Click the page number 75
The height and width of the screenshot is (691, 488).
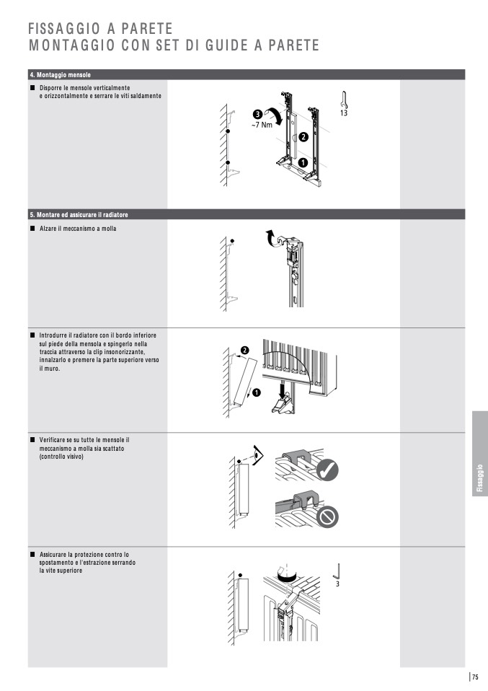click(x=475, y=677)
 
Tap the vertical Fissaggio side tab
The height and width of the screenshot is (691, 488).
click(x=479, y=454)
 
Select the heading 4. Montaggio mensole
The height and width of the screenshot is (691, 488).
click(x=61, y=75)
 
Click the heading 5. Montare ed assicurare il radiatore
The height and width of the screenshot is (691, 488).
click(x=79, y=215)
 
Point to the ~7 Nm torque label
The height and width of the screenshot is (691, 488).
click(x=262, y=125)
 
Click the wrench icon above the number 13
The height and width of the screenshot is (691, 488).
click(x=344, y=99)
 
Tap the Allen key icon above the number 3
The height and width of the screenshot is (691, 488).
click(x=337, y=571)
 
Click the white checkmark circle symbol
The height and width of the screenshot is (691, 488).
click(x=328, y=470)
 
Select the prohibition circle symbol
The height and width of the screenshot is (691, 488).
click(x=328, y=516)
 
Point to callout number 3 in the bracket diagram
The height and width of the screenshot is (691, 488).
click(x=257, y=115)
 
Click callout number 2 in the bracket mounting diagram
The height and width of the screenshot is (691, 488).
click(x=303, y=137)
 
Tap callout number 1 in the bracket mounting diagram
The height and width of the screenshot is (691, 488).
click(x=303, y=162)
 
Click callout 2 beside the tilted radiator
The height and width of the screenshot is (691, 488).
click(x=244, y=351)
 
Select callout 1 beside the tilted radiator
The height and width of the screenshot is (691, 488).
click(x=257, y=392)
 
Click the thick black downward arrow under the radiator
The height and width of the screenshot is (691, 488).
click(x=283, y=389)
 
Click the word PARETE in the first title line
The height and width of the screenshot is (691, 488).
click(x=147, y=29)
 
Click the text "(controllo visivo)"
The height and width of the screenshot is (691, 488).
click(x=61, y=457)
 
